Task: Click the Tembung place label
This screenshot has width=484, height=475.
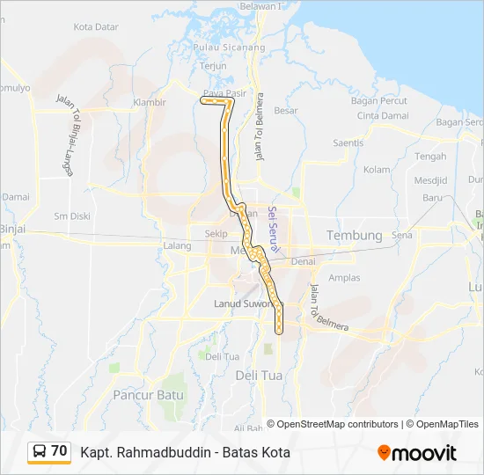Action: pos(355,236)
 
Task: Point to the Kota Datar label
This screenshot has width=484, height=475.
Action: pos(96,27)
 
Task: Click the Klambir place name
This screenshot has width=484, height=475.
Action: pos(149,102)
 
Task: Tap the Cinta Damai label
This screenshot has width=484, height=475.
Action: pos(382,116)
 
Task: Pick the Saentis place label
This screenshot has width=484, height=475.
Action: pos(348,142)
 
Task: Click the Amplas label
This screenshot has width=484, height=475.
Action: pos(344,277)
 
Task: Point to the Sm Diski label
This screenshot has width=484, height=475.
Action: pos(72,216)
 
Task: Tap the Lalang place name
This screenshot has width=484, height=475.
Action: pos(177,246)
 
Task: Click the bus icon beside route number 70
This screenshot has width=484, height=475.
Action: pos(40,452)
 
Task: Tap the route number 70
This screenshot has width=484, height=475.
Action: pos(59,451)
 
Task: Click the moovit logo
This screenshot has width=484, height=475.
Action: pos(417,453)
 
